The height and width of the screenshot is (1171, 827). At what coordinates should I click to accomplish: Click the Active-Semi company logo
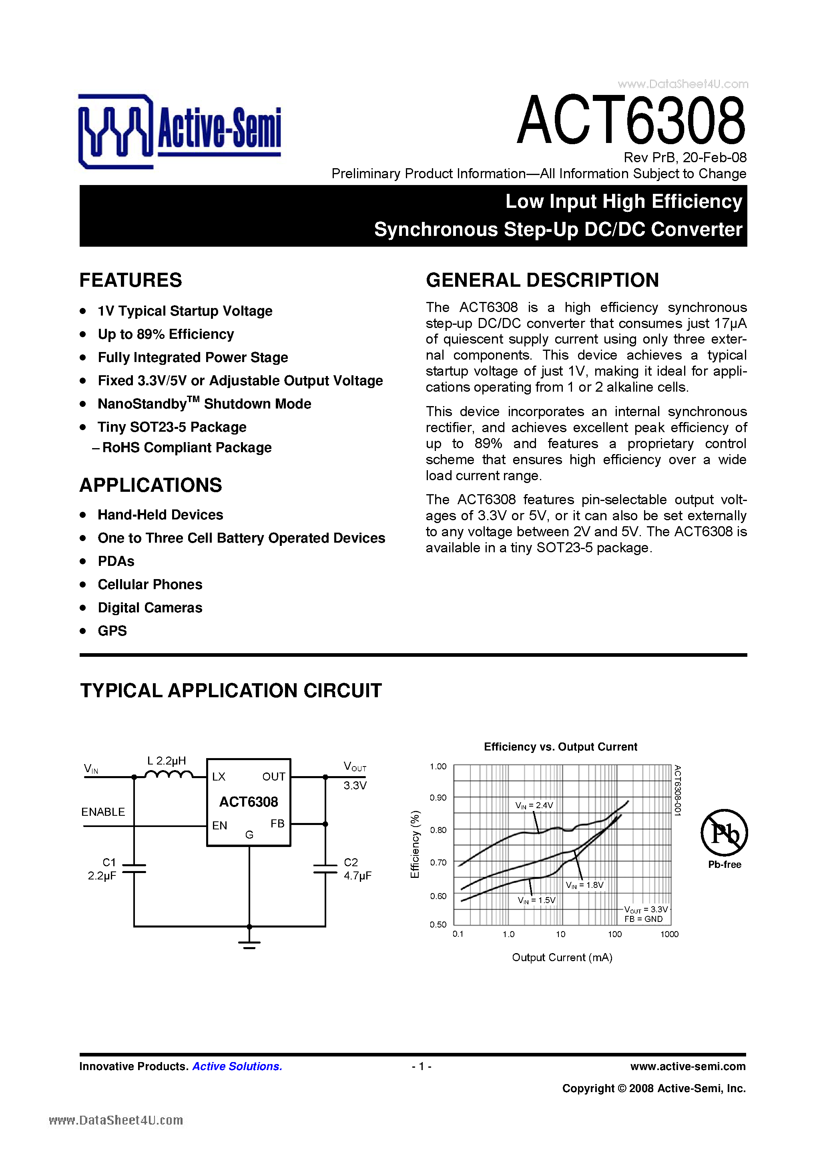179,131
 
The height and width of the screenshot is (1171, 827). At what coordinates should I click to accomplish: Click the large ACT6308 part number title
631,121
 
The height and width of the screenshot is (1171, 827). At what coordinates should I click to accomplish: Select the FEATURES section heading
130,280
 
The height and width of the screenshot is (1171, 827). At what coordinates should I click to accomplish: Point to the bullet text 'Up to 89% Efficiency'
166,334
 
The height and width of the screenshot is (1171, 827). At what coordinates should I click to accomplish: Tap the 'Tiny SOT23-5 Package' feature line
172,427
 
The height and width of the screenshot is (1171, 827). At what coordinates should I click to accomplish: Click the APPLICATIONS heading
151,485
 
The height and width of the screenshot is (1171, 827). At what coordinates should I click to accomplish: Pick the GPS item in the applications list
112,631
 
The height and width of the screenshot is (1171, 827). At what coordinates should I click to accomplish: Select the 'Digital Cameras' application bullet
150,608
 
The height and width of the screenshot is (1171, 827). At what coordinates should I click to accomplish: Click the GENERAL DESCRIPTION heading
542,280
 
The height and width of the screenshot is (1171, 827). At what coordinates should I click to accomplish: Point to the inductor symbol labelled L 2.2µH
169,774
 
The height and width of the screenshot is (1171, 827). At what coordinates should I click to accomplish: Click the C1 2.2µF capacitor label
102,869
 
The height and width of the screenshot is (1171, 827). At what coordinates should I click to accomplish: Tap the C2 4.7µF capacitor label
357,869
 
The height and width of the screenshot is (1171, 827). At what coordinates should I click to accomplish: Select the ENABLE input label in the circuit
103,812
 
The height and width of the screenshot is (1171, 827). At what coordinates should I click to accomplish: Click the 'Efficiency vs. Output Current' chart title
560,746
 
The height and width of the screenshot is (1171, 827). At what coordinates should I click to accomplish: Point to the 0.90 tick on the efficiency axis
438,798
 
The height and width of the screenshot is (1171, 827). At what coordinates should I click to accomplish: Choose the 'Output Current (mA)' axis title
562,957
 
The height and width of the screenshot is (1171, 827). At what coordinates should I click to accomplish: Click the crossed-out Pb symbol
724,833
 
